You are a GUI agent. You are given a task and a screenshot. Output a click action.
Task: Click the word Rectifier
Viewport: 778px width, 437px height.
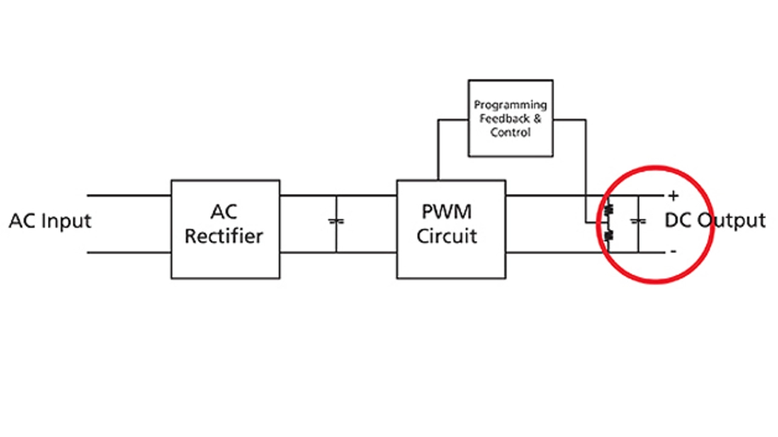pyautogui.click(x=224, y=236)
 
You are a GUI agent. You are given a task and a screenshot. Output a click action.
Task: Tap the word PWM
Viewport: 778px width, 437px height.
pyautogui.click(x=447, y=212)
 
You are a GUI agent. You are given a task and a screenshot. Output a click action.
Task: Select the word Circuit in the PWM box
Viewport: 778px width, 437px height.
pyautogui.click(x=447, y=236)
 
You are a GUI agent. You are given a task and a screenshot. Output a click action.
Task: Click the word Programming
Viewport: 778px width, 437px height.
pyautogui.click(x=510, y=105)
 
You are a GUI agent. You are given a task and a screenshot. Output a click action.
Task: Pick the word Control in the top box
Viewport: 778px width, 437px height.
pyautogui.click(x=510, y=132)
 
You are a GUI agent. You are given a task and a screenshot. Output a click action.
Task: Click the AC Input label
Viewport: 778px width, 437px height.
pyautogui.click(x=50, y=221)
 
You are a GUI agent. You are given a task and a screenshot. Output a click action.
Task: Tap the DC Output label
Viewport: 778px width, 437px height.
pyautogui.click(x=715, y=220)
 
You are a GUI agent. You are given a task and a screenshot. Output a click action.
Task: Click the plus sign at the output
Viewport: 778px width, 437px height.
pyautogui.click(x=673, y=196)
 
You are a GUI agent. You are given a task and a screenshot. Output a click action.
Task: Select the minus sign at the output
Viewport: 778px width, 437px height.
pyautogui.click(x=673, y=251)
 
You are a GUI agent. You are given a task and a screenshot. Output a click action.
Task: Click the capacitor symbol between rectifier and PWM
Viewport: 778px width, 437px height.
pyautogui.click(x=336, y=221)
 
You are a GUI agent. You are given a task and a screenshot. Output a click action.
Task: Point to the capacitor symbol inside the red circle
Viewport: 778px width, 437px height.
pyautogui.click(x=638, y=221)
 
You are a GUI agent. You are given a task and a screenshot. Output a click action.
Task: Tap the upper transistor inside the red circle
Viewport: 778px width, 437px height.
pyautogui.click(x=608, y=210)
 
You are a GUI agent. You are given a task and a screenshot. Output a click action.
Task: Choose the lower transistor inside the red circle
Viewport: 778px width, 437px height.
pyautogui.click(x=608, y=236)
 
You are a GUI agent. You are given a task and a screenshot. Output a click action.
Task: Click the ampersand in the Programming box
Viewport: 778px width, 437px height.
pyautogui.click(x=537, y=119)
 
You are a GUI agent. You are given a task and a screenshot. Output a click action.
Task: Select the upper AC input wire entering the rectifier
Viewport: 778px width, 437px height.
pyautogui.click(x=129, y=196)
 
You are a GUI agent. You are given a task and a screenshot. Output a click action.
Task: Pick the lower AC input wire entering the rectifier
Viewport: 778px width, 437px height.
pyautogui.click(x=129, y=253)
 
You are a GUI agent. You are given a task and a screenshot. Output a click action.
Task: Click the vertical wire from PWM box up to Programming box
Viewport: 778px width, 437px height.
pyautogui.click(x=438, y=150)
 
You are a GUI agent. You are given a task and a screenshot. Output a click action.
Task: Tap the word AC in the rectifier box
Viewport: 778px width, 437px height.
pyautogui.click(x=224, y=212)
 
